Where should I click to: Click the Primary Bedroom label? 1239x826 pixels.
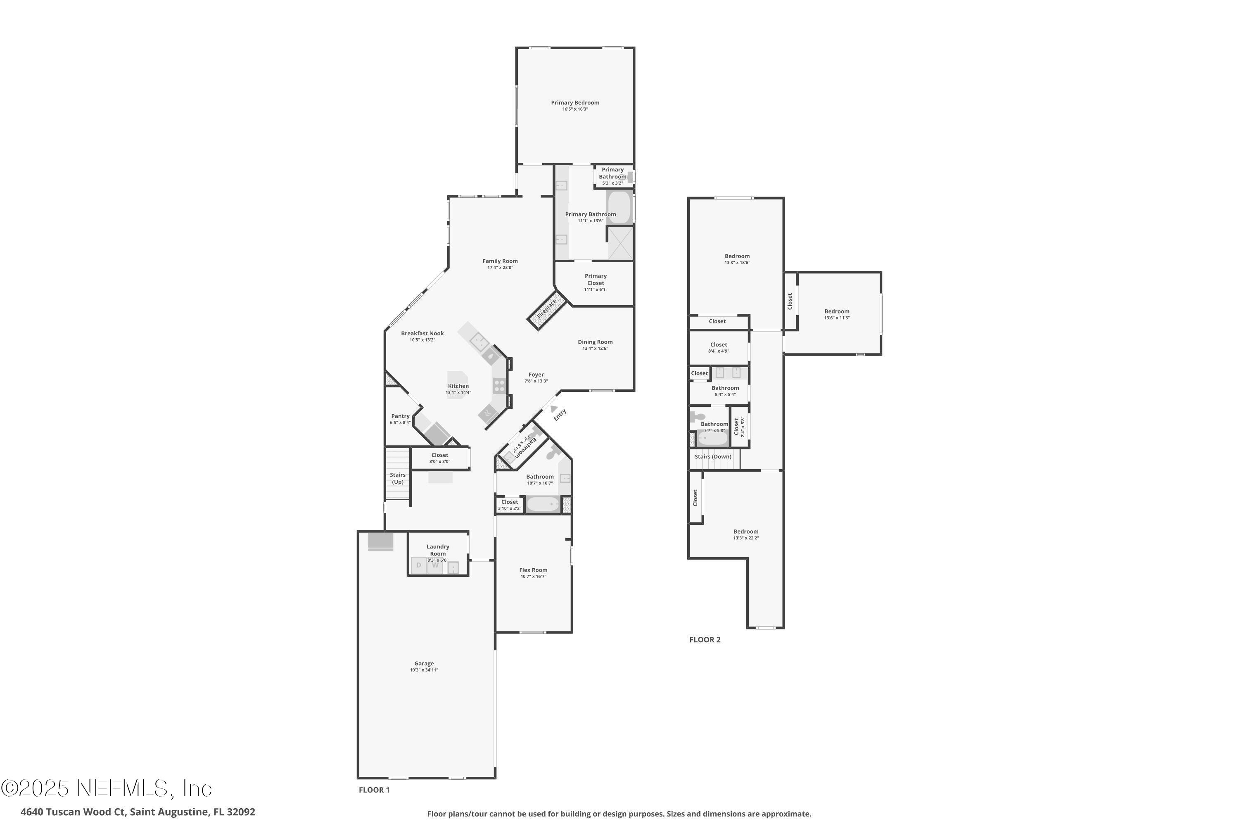(x=575, y=103)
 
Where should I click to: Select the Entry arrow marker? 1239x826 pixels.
(x=553, y=408)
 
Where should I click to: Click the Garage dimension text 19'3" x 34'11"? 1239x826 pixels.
(x=424, y=670)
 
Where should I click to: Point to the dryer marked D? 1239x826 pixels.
(x=419, y=565)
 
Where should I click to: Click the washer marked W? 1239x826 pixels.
(x=435, y=565)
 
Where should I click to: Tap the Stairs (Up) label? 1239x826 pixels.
(x=398, y=478)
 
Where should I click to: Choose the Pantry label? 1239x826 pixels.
(x=400, y=416)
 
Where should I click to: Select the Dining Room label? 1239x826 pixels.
(x=595, y=342)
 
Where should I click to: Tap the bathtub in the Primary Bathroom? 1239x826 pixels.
(x=619, y=207)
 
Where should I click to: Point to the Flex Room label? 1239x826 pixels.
(x=533, y=570)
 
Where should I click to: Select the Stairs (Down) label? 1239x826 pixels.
(x=713, y=457)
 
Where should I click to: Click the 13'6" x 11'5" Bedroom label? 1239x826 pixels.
(x=837, y=311)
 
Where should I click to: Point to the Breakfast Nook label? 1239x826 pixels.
(x=422, y=333)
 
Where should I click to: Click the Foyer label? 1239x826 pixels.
(x=536, y=375)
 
